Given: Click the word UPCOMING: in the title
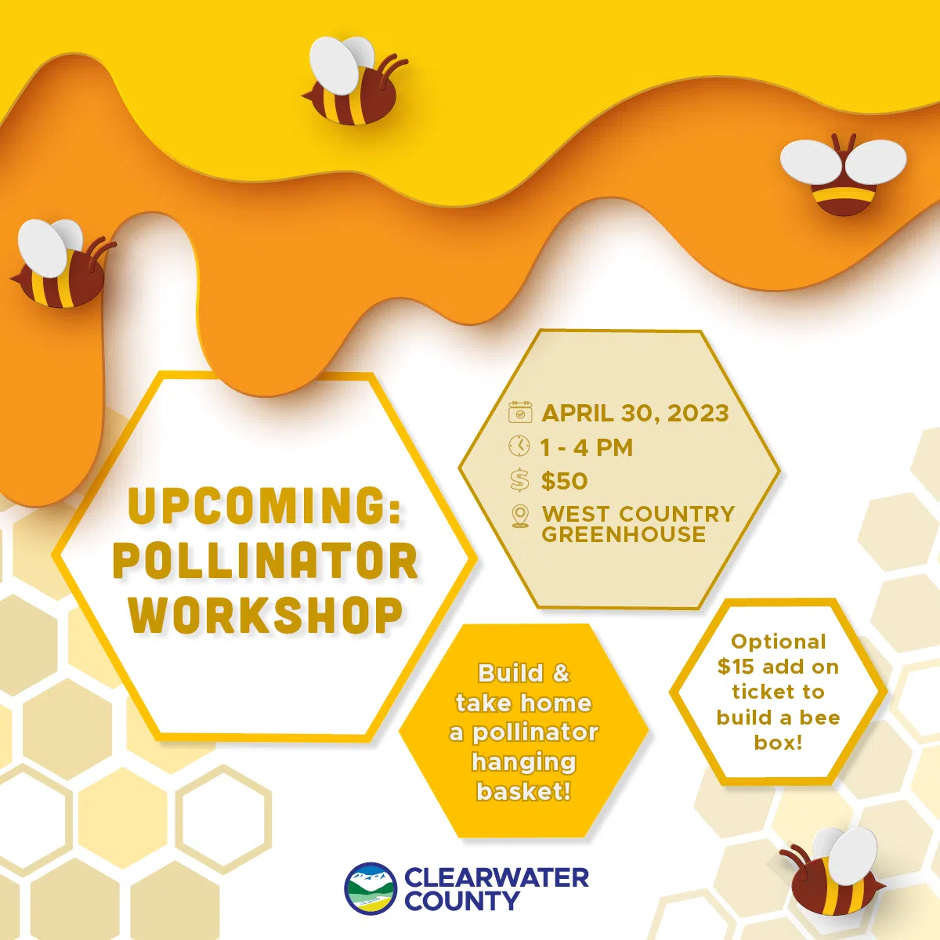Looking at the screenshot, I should pyautogui.click(x=265, y=506).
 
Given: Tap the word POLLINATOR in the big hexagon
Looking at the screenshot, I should pyautogui.click(x=266, y=561).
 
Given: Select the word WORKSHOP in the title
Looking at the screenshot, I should pyautogui.click(x=266, y=615).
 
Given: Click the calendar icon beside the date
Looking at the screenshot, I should pyautogui.click(x=520, y=412).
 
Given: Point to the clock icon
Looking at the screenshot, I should pyautogui.click(x=519, y=446).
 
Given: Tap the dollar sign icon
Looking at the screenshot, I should pyautogui.click(x=519, y=480).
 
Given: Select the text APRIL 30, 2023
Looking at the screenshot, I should pyautogui.click(x=634, y=413).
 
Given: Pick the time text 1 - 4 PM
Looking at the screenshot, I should pyautogui.click(x=586, y=447).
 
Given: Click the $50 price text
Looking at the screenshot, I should pyautogui.click(x=564, y=481).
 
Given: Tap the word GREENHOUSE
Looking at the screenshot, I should pyautogui.click(x=624, y=535).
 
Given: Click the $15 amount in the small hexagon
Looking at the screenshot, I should pyautogui.click(x=735, y=667).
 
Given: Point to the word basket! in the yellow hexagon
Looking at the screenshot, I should pyautogui.click(x=523, y=791).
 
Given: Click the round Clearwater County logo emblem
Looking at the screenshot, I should pyautogui.click(x=371, y=888).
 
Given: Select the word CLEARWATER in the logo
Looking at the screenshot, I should pyautogui.click(x=497, y=877).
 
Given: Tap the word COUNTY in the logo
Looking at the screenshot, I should pyautogui.click(x=461, y=902).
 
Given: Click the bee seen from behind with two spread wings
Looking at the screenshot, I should pyautogui.click(x=843, y=175).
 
